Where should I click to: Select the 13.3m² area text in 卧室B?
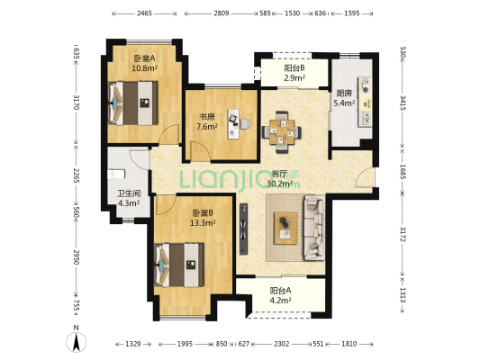203,222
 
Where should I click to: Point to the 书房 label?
207,116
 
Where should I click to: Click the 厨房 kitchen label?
344,93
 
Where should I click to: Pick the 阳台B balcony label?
294,67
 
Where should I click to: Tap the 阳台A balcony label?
280,291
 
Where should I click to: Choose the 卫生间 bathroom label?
129,193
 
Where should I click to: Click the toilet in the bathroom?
116,175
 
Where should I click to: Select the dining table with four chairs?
282,132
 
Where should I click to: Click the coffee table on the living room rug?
285,228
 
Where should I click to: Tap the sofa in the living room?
314,228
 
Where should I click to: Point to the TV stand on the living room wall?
244,229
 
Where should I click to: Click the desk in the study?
232,124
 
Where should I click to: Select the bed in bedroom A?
133,103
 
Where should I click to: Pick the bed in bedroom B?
179,265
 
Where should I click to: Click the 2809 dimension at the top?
222,13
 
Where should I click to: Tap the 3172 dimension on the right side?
403,234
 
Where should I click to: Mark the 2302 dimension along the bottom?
282,344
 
